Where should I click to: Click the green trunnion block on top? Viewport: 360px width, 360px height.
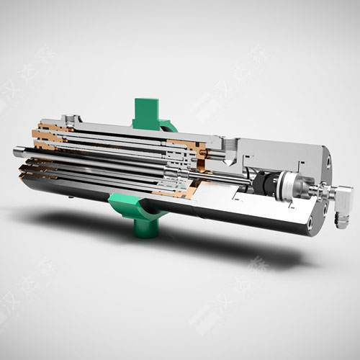click(x=149, y=109)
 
